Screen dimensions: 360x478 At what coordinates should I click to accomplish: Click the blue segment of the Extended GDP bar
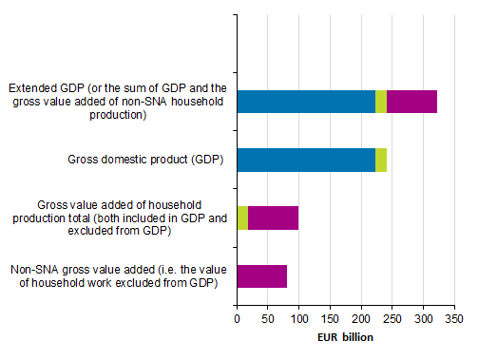(x=305, y=102)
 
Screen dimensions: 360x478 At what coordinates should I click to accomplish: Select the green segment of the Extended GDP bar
(x=381, y=102)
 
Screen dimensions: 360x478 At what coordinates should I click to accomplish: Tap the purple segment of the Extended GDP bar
(x=411, y=102)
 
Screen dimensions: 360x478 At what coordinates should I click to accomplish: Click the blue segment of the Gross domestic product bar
(x=305, y=160)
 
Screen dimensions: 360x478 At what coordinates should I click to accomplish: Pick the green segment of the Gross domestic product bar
(x=381, y=160)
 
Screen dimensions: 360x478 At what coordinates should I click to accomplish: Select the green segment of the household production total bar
(x=242, y=218)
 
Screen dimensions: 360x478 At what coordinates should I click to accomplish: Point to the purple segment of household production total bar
(x=273, y=218)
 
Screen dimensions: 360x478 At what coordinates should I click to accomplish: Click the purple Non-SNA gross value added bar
(x=261, y=276)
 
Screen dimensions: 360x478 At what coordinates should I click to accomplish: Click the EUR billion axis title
(x=345, y=337)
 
